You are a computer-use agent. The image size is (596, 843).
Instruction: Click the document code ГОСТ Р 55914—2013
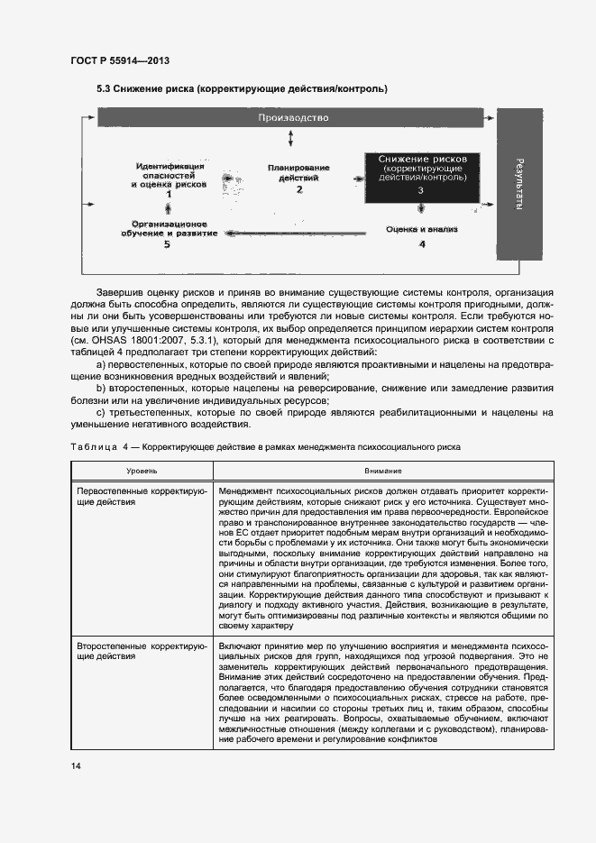tap(119, 60)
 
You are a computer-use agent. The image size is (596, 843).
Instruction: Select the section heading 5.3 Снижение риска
tap(242, 89)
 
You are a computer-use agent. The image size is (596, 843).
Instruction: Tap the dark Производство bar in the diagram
tap(293, 118)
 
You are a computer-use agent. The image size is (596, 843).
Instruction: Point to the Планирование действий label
tap(298, 172)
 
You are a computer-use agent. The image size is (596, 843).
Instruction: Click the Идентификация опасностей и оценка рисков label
tap(169, 175)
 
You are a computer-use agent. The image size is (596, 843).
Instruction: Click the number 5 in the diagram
tap(167, 244)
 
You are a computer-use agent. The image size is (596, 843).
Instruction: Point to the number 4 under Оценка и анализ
tap(421, 244)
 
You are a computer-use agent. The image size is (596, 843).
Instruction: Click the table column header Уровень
tap(142, 471)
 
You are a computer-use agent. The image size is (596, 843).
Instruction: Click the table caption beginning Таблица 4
tap(265, 445)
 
